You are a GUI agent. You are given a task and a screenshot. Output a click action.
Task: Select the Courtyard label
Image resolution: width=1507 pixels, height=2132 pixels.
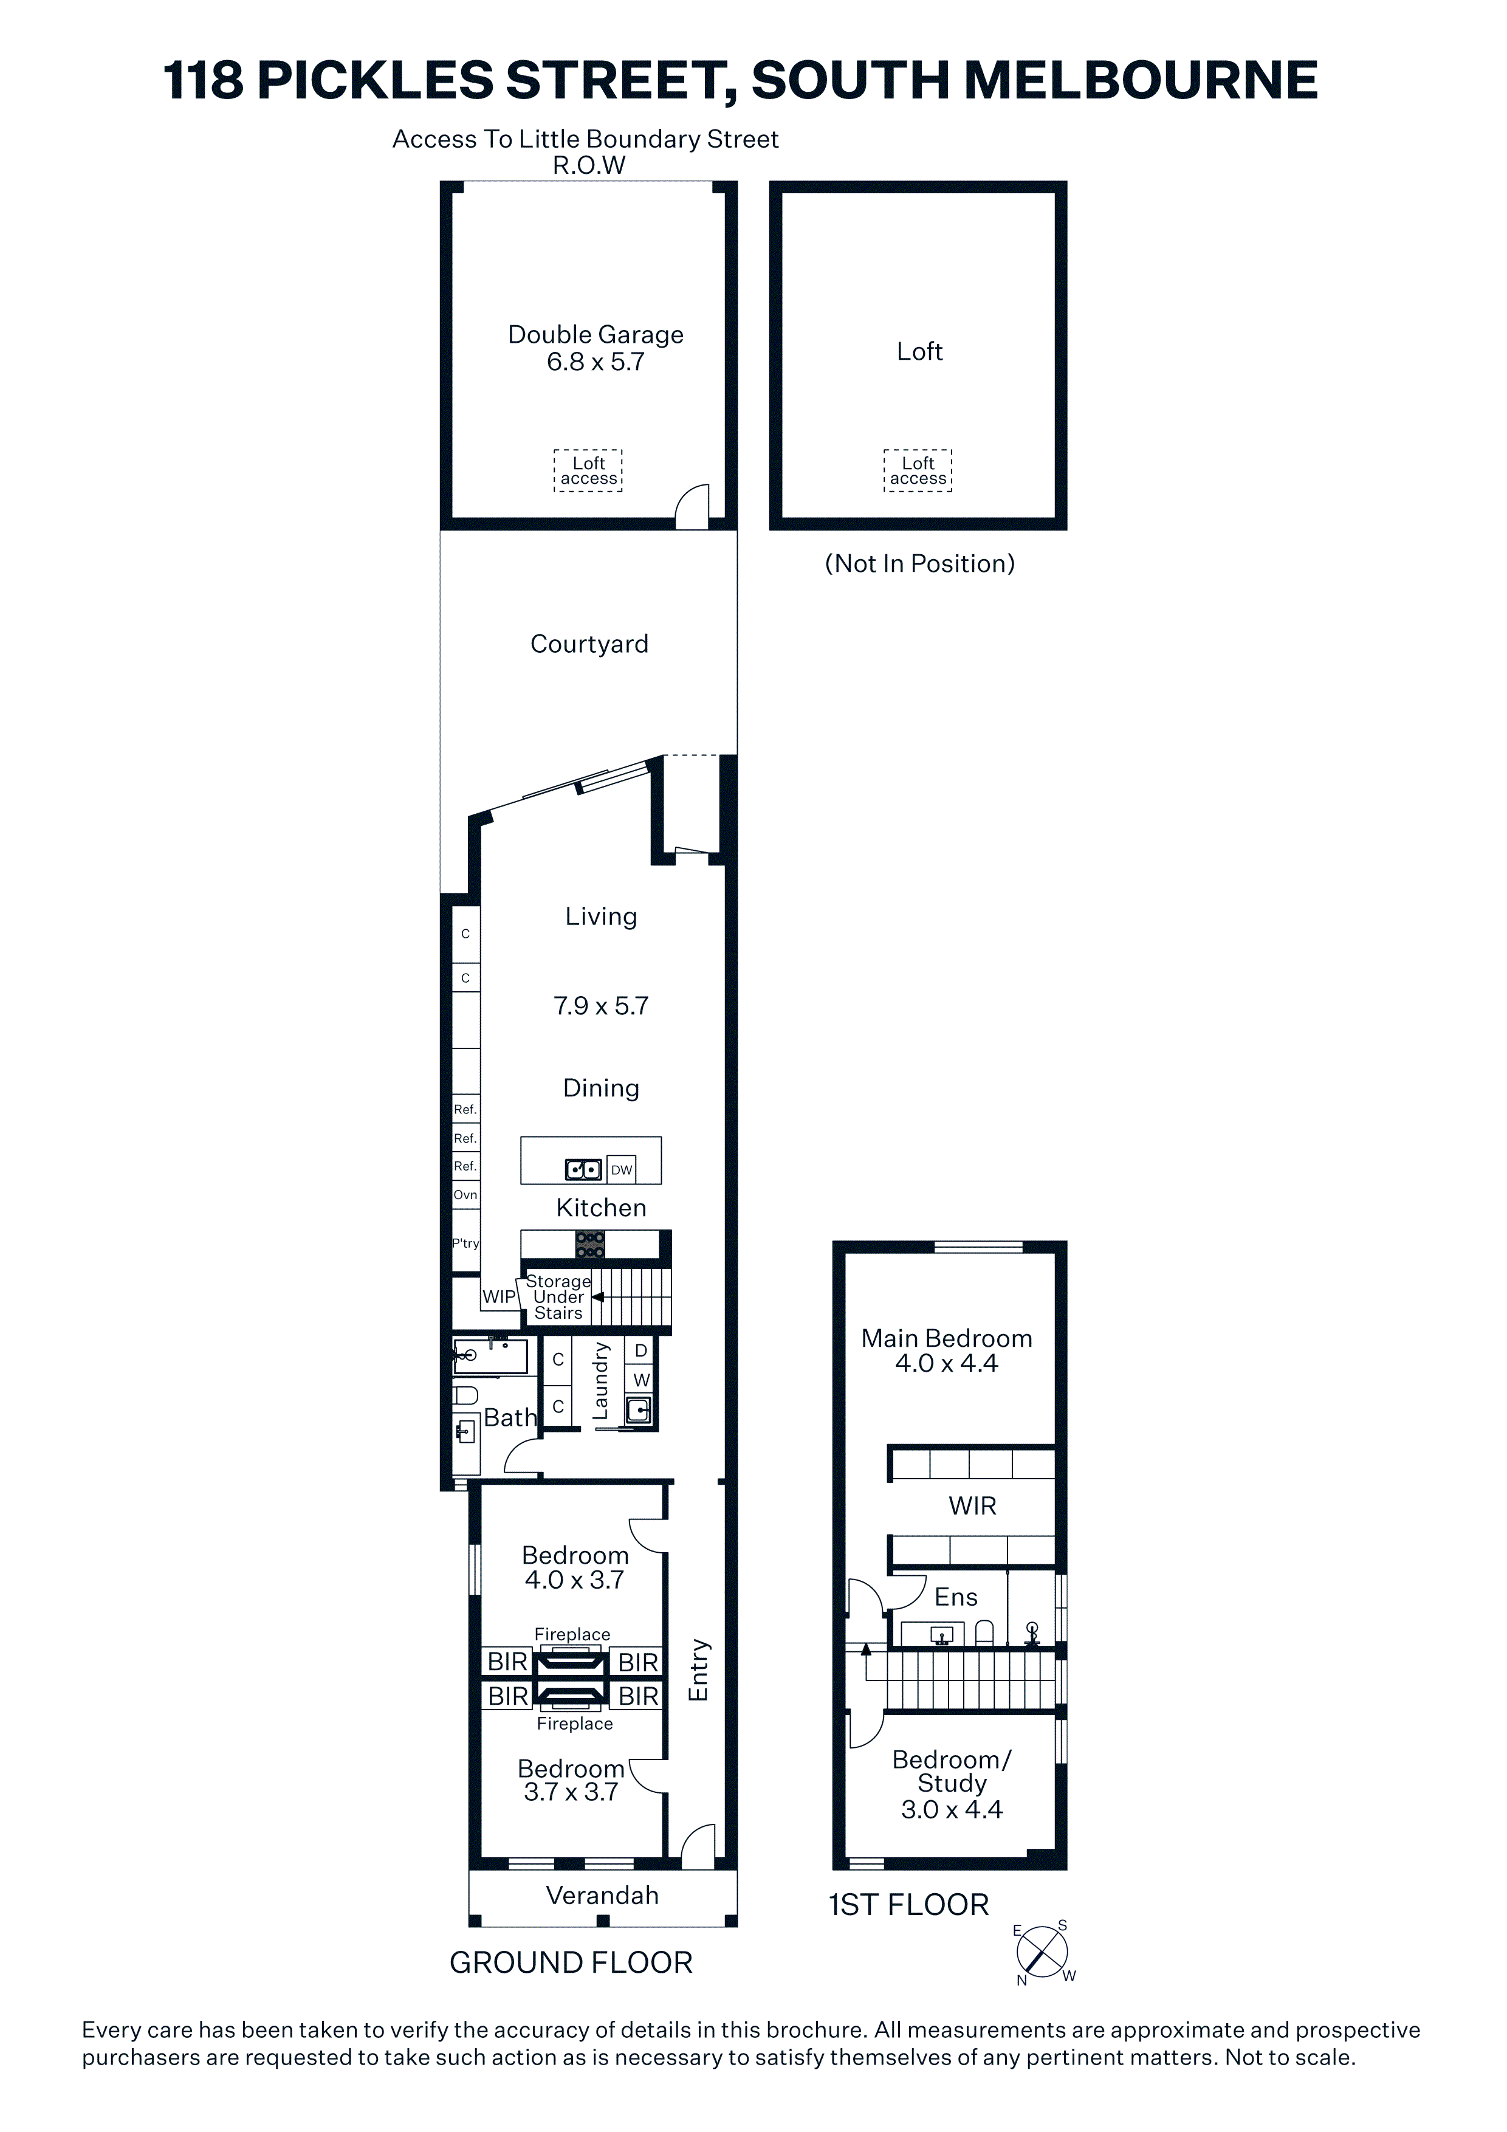589,644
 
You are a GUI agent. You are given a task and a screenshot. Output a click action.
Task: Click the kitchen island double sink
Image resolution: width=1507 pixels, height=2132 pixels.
583,1169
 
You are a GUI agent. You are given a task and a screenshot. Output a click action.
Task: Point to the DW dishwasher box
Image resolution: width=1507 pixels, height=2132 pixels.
621,1169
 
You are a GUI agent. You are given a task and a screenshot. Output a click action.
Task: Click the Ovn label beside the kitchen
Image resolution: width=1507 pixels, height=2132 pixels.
465,1195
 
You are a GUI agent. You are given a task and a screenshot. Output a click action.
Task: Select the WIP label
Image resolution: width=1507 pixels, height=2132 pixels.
499,1296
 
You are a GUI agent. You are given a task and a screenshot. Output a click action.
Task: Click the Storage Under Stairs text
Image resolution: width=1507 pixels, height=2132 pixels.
558,1296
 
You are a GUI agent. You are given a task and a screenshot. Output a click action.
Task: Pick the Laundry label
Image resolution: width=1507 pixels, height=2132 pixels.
601,1380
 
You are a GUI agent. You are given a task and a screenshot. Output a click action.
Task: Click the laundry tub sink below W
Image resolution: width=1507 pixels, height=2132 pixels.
639,1409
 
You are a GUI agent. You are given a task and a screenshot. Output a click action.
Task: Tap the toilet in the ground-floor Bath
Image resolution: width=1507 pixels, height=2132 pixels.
465,1395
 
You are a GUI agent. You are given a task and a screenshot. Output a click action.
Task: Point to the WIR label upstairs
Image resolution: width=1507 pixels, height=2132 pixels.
972,1505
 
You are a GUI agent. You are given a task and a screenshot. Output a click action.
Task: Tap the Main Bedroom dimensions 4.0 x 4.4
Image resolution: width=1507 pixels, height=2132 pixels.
946,1363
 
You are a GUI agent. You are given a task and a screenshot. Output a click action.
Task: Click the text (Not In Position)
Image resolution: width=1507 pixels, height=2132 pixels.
919,563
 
